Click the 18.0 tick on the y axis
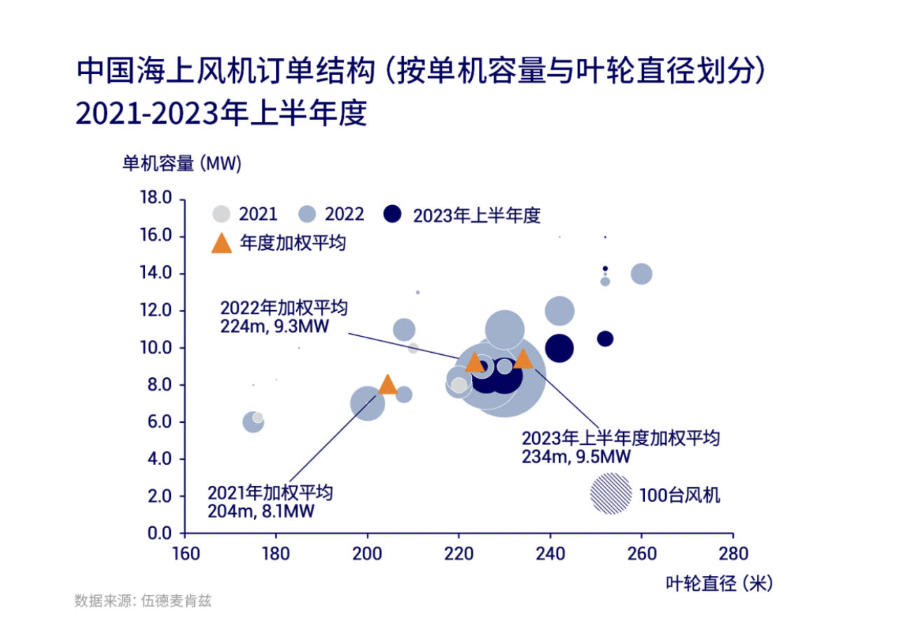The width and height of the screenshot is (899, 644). click(x=157, y=198)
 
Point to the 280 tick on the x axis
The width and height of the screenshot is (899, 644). click(x=733, y=554)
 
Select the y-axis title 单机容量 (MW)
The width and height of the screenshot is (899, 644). click(x=181, y=164)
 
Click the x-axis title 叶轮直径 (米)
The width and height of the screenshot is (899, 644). click(x=719, y=583)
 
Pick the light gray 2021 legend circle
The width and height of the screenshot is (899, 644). click(x=222, y=214)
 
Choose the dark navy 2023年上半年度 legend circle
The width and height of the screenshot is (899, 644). click(x=392, y=214)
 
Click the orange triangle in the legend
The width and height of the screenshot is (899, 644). click(x=221, y=244)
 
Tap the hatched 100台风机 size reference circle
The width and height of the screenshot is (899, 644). click(x=611, y=493)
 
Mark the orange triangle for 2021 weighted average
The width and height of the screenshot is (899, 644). click(x=387, y=384)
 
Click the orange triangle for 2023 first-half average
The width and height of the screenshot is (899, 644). click(x=523, y=359)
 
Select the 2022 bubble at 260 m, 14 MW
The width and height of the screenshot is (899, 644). click(x=641, y=274)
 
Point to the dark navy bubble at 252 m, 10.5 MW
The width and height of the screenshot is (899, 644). click(x=605, y=339)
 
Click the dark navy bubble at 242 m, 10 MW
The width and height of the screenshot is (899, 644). click(x=559, y=348)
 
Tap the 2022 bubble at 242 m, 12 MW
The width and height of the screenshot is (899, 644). click(x=559, y=311)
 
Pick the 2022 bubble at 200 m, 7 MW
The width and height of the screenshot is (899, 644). click(x=368, y=403)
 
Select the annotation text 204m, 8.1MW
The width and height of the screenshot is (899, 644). click(x=260, y=511)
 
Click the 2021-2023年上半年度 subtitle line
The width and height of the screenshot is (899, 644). click(x=221, y=113)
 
